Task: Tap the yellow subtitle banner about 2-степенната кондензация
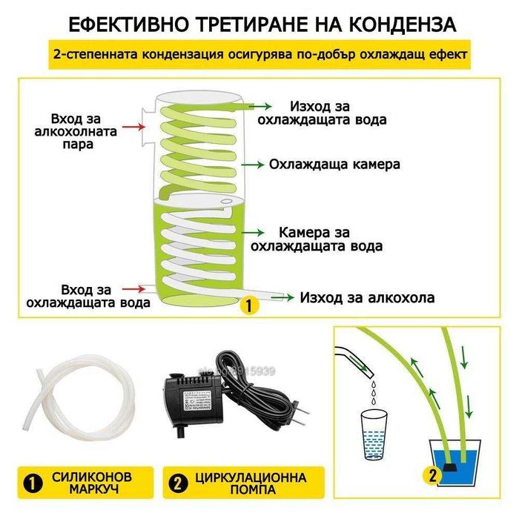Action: click(259, 56)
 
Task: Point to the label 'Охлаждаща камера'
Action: click(335, 164)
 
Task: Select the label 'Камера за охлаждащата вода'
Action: click(318, 238)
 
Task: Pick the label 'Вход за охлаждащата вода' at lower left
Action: click(88, 295)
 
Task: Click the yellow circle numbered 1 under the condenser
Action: click(249, 304)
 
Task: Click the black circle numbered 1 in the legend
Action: click(32, 482)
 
